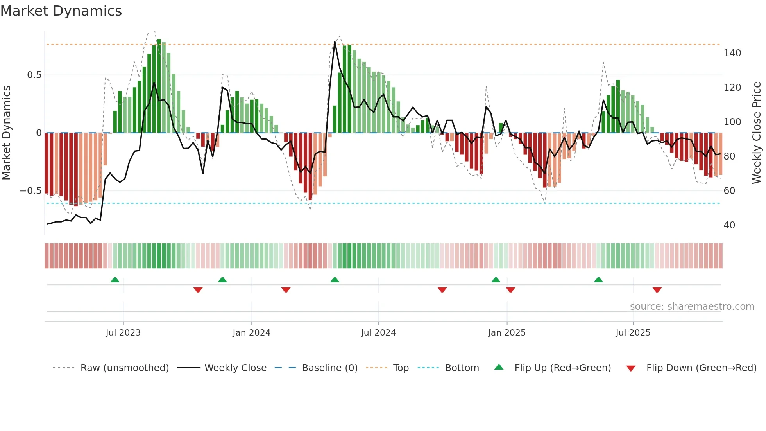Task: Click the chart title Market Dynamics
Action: click(61, 11)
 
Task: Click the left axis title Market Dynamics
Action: click(6, 133)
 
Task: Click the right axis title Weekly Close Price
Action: click(757, 133)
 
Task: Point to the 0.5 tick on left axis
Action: click(34, 75)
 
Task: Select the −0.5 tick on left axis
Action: click(31, 191)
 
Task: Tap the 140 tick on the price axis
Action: click(732, 53)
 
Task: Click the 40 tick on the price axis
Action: click(729, 225)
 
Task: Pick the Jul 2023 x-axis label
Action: click(123, 333)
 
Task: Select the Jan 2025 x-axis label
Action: click(506, 333)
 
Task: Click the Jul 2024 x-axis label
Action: click(378, 333)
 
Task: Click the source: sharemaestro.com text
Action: click(692, 307)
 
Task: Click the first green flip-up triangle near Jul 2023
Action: click(115, 280)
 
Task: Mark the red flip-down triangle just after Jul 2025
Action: click(657, 290)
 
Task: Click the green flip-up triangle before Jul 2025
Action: click(598, 280)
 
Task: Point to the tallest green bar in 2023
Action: click(159, 86)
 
